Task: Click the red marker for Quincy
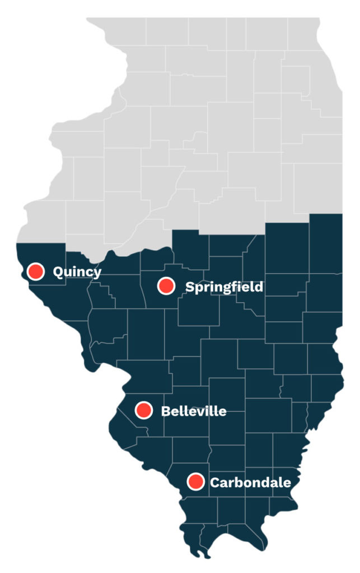[x=36, y=271]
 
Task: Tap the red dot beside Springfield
[x=166, y=286]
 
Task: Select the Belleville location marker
[x=144, y=410]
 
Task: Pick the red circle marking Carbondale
[x=195, y=481]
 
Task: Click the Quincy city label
[x=77, y=272]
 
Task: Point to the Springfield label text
[x=224, y=287]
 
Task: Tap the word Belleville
[x=194, y=411]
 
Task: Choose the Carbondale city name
[x=250, y=482]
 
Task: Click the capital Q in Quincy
[x=58, y=272]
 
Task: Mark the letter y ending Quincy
[x=97, y=274]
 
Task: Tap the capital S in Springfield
[x=190, y=287]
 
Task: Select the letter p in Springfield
[x=199, y=289]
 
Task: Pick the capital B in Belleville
[x=166, y=411]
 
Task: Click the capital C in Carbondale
[x=215, y=482]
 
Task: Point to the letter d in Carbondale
[x=267, y=481]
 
